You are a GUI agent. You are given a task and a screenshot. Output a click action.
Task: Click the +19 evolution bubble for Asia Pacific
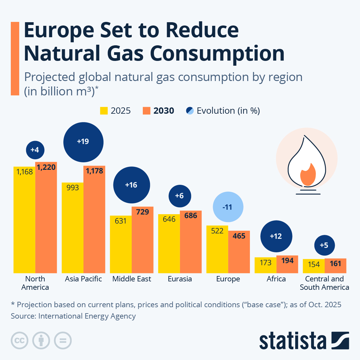tap(83, 142)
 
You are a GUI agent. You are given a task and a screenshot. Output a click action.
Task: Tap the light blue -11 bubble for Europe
tap(228, 207)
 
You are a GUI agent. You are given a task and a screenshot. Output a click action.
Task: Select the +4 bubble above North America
tap(35, 150)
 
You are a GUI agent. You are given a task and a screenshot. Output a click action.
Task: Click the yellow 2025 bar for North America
tap(24, 222)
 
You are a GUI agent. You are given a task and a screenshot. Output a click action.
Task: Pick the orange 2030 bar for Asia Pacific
tap(94, 222)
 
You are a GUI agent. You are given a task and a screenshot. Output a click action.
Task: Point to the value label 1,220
tap(46, 167)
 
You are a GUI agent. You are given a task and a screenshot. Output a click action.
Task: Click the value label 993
tap(73, 188)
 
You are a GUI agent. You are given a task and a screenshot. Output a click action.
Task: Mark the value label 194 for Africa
tap(287, 260)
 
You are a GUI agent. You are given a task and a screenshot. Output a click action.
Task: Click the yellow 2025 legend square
tap(104, 111)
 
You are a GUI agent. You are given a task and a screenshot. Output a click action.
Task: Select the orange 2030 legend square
tap(146, 111)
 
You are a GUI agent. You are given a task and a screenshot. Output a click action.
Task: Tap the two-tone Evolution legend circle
tap(190, 111)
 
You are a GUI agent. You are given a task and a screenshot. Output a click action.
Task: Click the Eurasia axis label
tap(180, 279)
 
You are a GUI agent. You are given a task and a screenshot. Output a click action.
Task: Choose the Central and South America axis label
tap(324, 283)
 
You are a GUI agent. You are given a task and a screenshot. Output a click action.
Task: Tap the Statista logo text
tap(292, 341)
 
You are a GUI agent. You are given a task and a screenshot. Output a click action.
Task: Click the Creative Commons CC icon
tap(19, 341)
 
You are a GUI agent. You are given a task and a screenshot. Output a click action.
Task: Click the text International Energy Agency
tap(87, 316)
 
